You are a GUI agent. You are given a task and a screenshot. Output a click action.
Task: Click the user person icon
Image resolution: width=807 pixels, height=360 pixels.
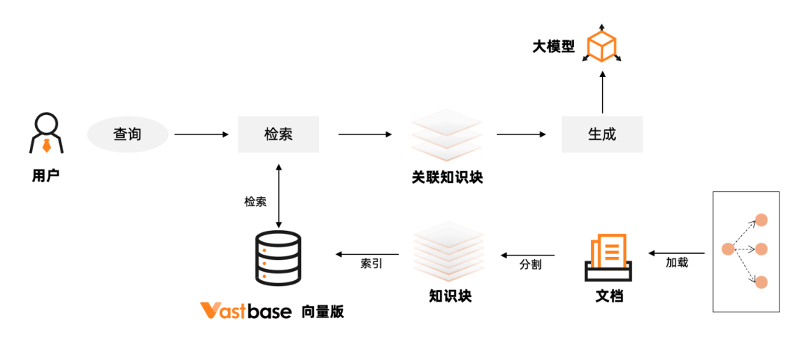(46, 134)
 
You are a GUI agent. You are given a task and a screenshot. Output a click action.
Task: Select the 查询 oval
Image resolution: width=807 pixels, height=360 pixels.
(128, 134)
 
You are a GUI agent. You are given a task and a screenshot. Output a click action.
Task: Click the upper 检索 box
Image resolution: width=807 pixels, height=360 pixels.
(279, 134)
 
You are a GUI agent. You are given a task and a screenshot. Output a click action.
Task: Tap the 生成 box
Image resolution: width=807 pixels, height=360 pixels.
(602, 134)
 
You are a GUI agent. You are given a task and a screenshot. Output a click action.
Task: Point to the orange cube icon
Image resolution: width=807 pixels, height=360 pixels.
(602, 46)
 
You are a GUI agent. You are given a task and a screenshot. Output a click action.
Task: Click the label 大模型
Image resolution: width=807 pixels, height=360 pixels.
(553, 47)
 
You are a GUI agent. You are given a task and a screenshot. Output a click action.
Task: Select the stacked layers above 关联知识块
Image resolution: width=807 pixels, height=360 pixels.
(446, 135)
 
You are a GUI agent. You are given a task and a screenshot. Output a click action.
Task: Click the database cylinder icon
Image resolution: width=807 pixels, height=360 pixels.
(278, 258)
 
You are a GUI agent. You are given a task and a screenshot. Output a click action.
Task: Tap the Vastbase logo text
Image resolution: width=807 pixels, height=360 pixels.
(246, 311)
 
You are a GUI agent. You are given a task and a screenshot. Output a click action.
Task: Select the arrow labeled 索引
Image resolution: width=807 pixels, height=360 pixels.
(367, 253)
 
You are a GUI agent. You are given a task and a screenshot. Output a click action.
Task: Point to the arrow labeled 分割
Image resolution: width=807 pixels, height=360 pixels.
(528, 253)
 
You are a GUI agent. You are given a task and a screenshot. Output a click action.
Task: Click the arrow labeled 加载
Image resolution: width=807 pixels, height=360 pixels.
(676, 253)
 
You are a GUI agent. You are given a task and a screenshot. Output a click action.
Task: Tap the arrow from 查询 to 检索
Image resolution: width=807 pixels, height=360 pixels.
(201, 134)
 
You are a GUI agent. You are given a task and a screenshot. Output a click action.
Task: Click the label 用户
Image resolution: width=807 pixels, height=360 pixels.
(46, 176)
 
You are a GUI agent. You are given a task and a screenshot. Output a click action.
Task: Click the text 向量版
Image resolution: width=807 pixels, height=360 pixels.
(323, 311)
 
